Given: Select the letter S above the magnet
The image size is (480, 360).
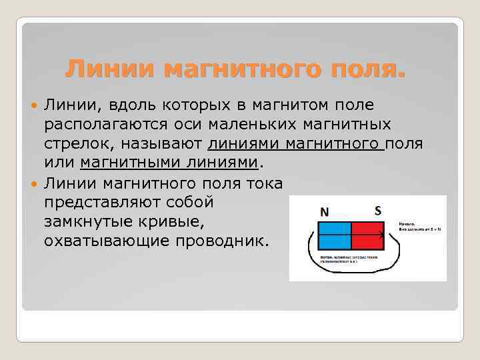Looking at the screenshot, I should click(378, 210).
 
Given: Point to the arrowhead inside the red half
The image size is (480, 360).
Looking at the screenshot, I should click(382, 235).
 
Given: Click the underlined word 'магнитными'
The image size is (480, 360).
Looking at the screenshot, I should click(123, 163).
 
